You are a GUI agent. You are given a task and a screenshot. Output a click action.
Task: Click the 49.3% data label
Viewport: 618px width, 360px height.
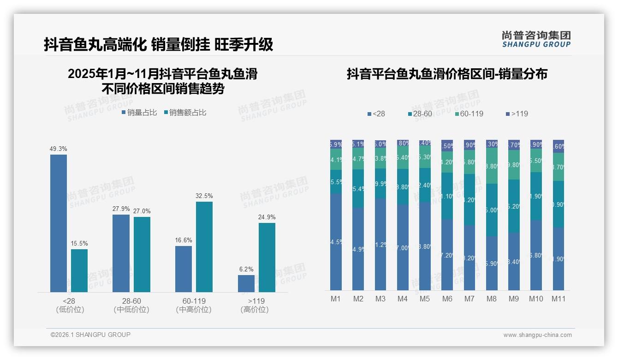(59, 149)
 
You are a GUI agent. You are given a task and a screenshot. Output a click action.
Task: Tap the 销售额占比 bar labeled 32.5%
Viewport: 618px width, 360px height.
(204, 246)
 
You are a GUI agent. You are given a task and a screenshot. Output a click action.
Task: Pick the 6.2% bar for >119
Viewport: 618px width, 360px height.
(246, 283)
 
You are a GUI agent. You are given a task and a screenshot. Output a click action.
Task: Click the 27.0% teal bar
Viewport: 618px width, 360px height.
(142, 254)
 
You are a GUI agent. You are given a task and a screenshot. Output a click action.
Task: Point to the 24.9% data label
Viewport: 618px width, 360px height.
(267, 217)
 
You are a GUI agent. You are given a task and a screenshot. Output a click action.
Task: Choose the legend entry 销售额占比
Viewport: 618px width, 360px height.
(185, 113)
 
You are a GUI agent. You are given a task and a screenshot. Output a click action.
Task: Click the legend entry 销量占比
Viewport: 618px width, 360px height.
(139, 113)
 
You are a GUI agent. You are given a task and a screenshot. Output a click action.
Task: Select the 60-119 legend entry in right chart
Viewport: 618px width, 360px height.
(469, 114)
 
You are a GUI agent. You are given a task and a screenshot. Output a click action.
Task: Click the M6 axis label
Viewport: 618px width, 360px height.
(447, 299)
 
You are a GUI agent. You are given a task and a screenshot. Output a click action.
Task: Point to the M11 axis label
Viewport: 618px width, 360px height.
(559, 299)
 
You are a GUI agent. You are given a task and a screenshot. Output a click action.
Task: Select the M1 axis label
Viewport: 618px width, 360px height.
(336, 299)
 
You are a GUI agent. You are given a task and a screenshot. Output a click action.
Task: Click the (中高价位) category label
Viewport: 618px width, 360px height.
(194, 310)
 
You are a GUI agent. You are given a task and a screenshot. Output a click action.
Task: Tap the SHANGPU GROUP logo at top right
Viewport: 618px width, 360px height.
(536, 39)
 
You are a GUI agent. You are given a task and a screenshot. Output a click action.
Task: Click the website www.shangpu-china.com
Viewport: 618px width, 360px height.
(537, 335)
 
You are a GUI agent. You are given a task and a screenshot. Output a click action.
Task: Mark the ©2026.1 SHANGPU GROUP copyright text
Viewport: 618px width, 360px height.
(90, 335)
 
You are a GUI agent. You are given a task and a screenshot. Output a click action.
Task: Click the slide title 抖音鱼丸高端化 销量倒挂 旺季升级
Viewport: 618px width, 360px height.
(158, 44)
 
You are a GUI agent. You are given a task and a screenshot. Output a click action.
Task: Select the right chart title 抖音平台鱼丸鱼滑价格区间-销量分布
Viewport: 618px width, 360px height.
(447, 74)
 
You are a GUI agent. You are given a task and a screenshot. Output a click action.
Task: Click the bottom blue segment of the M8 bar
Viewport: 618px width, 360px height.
(492, 263)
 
